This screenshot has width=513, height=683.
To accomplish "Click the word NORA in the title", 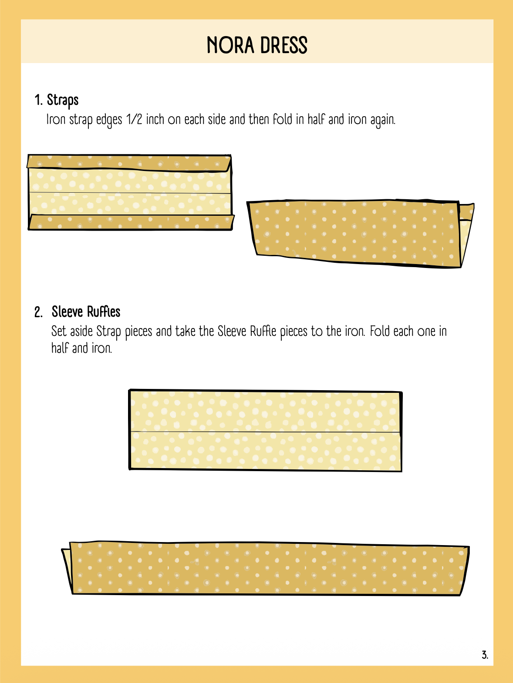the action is [230, 45].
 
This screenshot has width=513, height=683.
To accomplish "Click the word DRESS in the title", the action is [284, 45].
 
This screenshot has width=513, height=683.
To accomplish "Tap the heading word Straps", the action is [63, 100].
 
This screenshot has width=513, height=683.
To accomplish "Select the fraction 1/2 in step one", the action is [134, 120].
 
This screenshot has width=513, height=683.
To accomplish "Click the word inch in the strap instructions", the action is [155, 120].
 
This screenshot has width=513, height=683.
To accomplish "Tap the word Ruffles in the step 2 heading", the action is [103, 312].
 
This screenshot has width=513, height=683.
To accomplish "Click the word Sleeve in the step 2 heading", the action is [67, 312].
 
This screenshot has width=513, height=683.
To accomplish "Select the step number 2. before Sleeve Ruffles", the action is [38, 312].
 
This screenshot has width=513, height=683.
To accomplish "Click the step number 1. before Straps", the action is [38, 100].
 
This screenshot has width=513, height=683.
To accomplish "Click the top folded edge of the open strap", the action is [129, 162].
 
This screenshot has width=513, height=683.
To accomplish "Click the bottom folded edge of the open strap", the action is [131, 222].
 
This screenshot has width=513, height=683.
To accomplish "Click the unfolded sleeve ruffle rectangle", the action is [265, 431].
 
